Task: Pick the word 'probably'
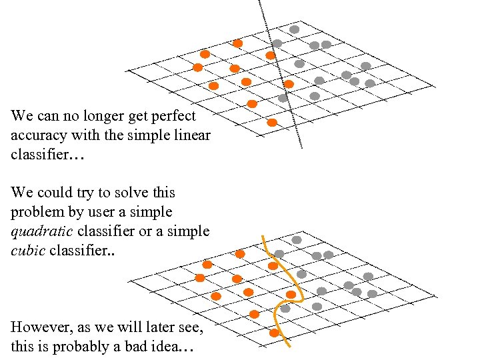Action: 82,347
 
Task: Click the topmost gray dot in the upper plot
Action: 294,29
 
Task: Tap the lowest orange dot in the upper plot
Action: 272,123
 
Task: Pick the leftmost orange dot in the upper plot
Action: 197,67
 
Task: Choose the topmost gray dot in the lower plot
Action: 297,239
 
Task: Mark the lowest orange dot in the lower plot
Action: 274,333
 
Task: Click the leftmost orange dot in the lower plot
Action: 199,277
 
